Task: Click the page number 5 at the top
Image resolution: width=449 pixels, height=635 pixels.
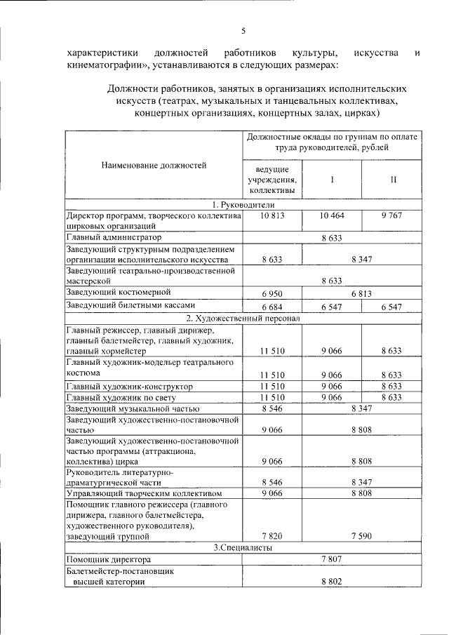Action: [243, 30]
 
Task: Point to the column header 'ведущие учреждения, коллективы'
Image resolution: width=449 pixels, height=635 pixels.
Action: [272, 180]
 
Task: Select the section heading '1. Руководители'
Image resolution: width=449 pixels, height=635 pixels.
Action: [243, 203]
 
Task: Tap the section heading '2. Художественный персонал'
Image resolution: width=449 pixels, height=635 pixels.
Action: [243, 318]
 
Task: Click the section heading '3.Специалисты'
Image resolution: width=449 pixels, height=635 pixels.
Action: [243, 547]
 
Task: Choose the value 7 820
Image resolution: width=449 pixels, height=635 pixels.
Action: [272, 537]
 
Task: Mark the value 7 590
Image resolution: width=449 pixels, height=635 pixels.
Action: [361, 537]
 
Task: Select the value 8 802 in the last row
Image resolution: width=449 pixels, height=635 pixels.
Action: [331, 583]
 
